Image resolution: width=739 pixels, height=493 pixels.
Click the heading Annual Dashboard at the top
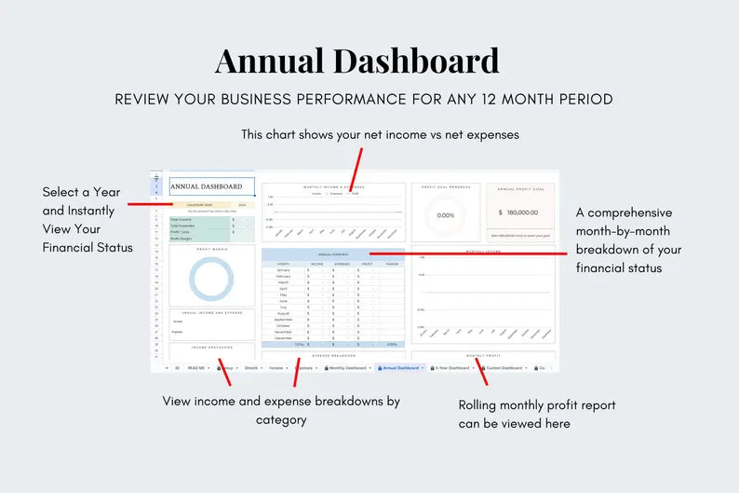(356, 62)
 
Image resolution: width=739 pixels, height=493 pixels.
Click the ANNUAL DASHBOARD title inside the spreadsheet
(207, 186)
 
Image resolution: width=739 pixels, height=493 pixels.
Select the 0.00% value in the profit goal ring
(445, 215)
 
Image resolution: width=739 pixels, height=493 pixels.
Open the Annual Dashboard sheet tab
(401, 368)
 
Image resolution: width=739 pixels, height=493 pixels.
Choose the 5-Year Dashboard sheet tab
(453, 368)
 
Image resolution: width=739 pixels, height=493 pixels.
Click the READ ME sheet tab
(196, 368)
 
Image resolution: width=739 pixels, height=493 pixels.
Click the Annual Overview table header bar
(332, 253)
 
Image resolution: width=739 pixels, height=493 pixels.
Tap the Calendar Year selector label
(201, 205)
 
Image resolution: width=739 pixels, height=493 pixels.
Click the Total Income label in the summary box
(182, 219)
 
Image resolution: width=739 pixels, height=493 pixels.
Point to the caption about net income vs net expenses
(380, 134)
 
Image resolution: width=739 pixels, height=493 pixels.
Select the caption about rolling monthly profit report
(537, 414)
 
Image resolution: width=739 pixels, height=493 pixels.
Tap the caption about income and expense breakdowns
(281, 410)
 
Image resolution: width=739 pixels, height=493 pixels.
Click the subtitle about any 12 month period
(364, 99)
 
